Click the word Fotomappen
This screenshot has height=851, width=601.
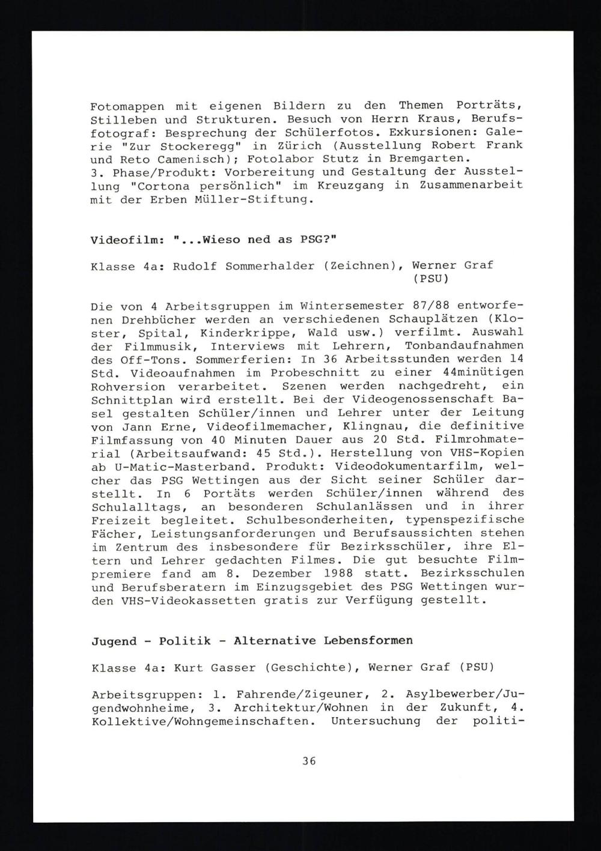pos(123,106)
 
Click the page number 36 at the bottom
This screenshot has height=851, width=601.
pos(309,762)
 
